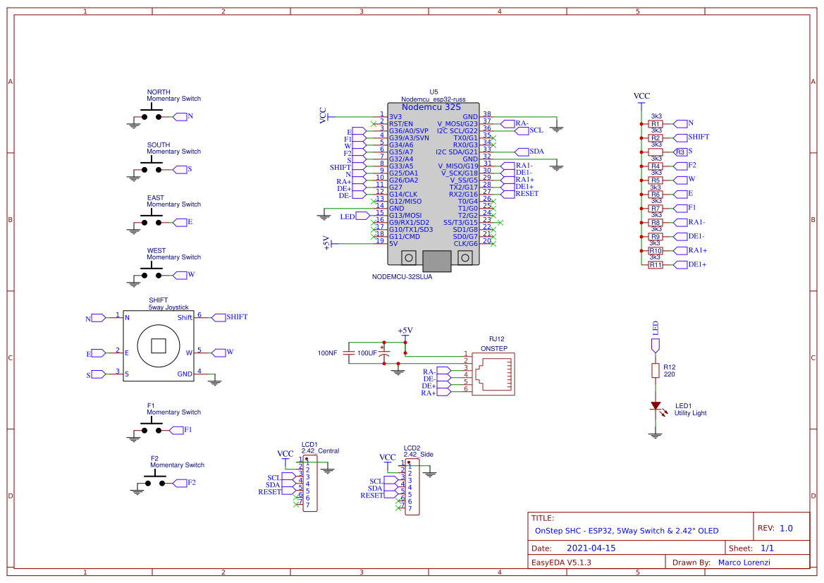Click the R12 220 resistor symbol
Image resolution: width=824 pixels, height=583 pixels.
tap(656, 371)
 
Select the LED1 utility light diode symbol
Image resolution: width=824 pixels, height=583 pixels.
tap(656, 405)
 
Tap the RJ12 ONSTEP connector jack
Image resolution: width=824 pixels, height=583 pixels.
tap(493, 374)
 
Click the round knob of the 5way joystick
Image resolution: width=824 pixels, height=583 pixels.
tap(158, 346)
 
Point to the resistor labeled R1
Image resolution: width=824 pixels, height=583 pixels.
tap(656, 124)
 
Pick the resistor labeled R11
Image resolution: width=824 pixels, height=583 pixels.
tap(656, 265)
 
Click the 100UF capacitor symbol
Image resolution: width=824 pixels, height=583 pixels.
tap(385, 353)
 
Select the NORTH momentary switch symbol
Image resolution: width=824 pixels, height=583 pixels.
tap(152, 115)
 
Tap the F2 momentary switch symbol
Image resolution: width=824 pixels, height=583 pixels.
tap(155, 481)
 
